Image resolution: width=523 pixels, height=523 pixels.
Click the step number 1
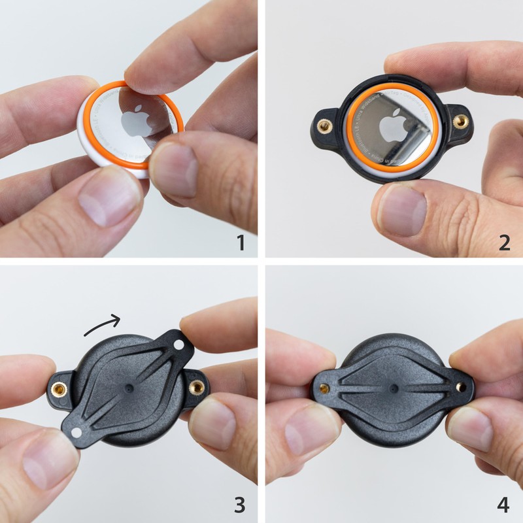[x=241, y=243]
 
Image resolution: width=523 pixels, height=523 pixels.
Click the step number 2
[x=504, y=243]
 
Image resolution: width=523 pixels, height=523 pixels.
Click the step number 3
[x=241, y=505]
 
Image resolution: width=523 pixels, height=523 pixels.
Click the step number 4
[x=503, y=505]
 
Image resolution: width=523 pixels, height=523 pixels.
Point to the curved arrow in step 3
[x=102, y=325]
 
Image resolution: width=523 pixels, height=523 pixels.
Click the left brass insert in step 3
[x=59, y=390]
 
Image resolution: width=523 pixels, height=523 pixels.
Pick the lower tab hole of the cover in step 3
[x=76, y=433]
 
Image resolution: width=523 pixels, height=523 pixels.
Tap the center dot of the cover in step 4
[x=393, y=388]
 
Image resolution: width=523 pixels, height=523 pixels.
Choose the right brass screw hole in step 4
[x=461, y=387]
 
